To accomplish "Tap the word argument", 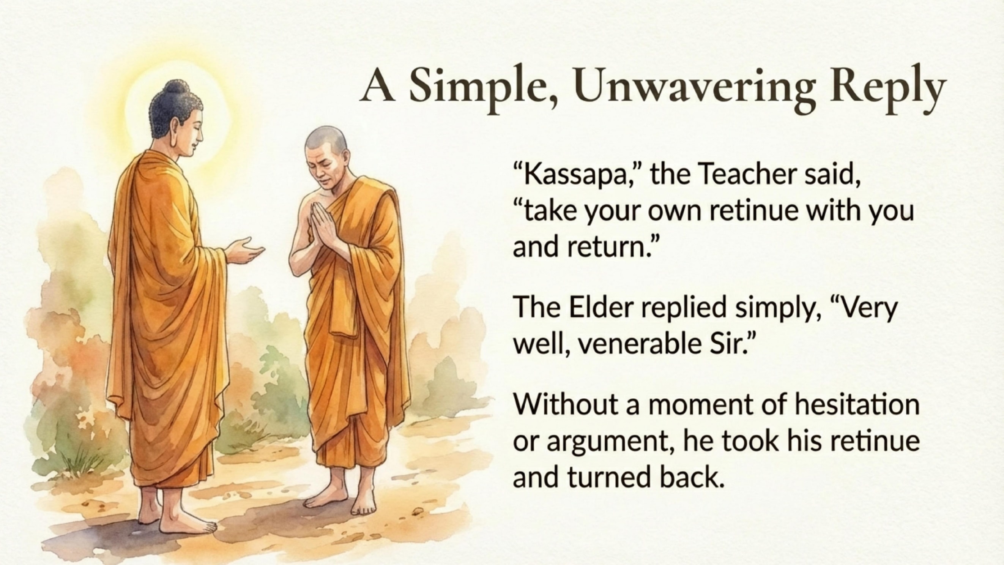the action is pyautogui.click(x=612, y=441).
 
